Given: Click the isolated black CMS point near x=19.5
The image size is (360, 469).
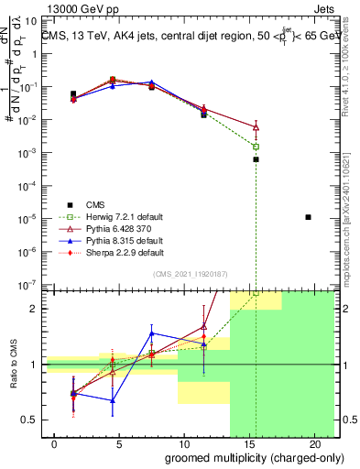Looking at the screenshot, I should coord(308,217).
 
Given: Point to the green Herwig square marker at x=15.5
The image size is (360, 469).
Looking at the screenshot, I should coord(256,147).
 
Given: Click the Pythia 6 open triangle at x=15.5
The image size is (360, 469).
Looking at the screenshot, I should coord(256,126).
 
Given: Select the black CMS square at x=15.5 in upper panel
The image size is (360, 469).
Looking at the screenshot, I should coord(256,159).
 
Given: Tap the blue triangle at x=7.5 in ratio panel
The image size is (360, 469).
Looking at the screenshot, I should coord(152,333).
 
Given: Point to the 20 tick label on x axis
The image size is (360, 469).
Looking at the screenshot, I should coord(309,443).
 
